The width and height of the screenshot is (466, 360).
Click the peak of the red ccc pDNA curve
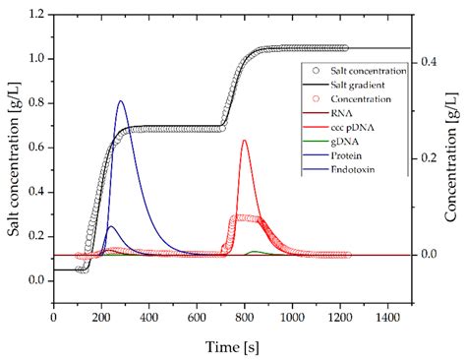click(244, 141)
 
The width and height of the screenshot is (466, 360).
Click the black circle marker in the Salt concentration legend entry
click(314, 72)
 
